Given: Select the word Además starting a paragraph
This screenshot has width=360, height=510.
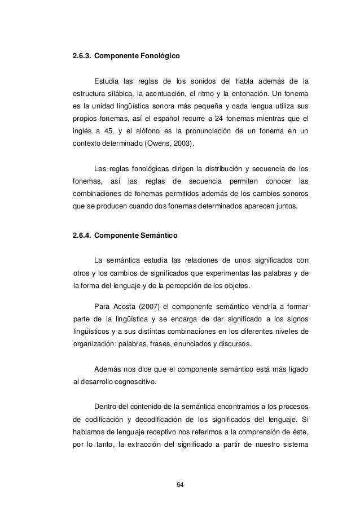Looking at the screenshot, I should coord(107,370).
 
